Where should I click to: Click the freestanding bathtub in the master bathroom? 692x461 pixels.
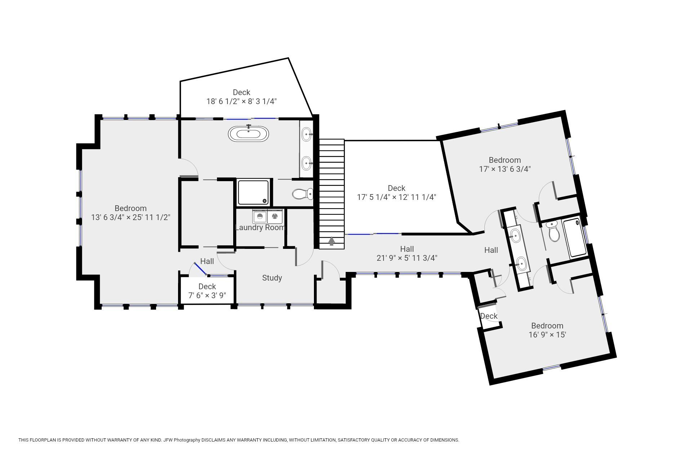(248, 134)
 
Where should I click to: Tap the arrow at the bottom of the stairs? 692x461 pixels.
(332, 241)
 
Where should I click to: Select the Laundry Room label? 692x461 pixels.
(260, 227)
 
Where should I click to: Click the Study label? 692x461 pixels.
(272, 278)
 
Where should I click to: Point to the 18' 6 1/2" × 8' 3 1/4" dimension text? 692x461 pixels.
(241, 101)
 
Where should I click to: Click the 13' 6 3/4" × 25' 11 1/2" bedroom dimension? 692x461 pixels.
(130, 217)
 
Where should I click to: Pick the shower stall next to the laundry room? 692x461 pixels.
(253, 193)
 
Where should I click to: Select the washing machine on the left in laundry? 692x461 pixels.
(260, 217)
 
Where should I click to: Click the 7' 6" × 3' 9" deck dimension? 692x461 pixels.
(207, 295)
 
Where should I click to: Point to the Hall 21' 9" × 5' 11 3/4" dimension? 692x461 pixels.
(407, 258)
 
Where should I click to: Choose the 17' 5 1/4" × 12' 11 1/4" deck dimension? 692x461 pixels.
(396, 197)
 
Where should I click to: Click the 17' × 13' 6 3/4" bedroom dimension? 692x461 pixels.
(505, 169)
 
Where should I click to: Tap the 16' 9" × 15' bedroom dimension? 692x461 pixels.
(547, 335)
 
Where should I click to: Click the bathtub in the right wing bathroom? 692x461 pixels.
(575, 237)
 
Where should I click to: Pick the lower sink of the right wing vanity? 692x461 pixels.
(522, 263)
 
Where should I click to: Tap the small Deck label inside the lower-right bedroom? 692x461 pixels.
(489, 316)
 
